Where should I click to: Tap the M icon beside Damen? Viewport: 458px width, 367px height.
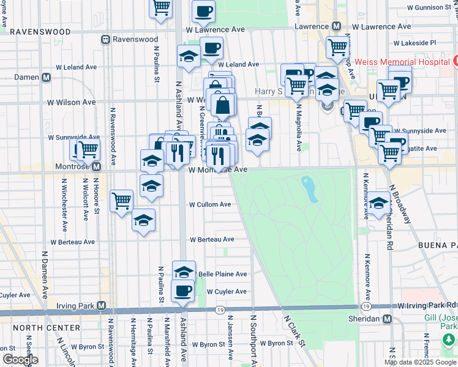tap(46, 78)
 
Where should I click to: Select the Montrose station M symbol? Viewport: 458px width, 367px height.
tap(96, 166)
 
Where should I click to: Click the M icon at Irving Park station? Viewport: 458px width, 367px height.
tap(102, 305)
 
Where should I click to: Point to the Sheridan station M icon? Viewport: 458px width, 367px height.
tap(387, 319)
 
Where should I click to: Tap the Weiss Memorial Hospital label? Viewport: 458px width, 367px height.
tap(408, 62)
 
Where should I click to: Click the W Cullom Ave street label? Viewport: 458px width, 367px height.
tap(210, 204)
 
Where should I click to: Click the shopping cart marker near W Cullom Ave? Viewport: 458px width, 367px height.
tap(122, 200)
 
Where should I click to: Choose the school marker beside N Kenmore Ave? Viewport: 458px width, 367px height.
tap(379, 202)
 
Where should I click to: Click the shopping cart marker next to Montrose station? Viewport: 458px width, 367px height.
tap(88, 149)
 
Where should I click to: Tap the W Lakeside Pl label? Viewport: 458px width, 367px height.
tap(415, 43)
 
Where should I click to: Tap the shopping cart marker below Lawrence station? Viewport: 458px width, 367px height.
tap(337, 47)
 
